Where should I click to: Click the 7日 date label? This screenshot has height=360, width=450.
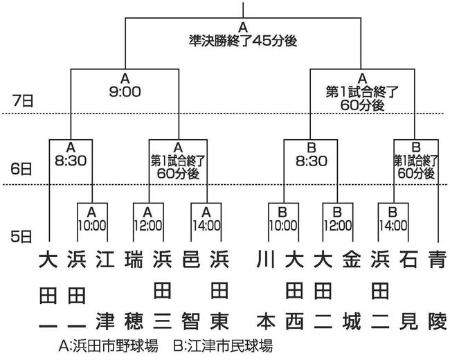click(23, 101)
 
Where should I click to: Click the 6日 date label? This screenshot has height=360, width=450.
click(21, 169)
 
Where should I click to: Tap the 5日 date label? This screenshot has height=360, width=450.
click(21, 237)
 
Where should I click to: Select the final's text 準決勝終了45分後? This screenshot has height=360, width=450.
click(243, 41)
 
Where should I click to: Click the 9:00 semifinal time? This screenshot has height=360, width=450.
click(125, 92)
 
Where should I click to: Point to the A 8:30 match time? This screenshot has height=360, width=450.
click(71, 161)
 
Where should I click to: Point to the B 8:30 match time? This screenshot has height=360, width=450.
click(312, 161)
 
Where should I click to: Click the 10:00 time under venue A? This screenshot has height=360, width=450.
click(92, 226)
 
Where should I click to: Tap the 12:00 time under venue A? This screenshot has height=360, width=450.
click(148, 226)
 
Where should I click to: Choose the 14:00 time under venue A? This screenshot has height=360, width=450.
click(206, 226)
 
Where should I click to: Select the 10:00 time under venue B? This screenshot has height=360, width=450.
click(283, 226)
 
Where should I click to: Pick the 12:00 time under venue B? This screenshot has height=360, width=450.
click(338, 226)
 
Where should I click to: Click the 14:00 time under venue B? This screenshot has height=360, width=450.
click(393, 226)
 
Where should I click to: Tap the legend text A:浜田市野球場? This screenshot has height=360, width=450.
click(108, 346)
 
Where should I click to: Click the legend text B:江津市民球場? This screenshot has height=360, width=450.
click(223, 346)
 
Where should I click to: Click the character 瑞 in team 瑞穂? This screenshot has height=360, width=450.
click(134, 259)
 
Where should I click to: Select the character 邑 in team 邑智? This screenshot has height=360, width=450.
click(191, 259)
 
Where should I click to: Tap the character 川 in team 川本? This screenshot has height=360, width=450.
click(265, 259)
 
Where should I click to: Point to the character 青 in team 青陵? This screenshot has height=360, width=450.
click(438, 259)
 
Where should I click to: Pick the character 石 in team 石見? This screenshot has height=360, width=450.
click(408, 259)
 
